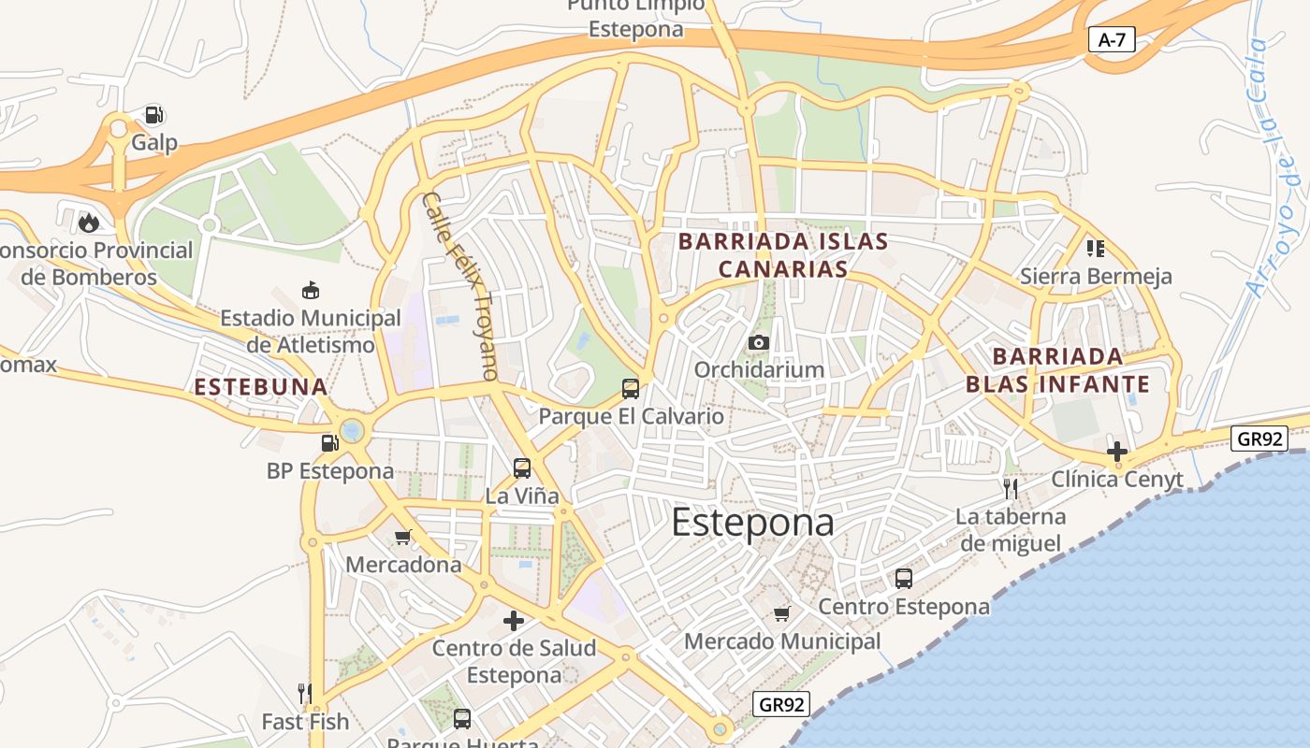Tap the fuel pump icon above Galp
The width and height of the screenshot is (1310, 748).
coord(154,115)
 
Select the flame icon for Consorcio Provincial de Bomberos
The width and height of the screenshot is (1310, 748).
coord(89,222)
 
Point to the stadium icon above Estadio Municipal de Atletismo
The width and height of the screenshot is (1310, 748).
coord(310,291)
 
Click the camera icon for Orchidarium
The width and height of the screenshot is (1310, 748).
coord(759,342)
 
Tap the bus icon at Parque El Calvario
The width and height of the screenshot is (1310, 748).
coord(631,388)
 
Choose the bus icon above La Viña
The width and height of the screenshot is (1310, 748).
coord(522,467)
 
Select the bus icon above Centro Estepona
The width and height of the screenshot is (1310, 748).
coord(903,578)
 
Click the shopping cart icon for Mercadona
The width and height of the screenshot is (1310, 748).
coord(403,537)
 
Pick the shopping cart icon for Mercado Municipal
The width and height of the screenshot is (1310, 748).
coord(782,613)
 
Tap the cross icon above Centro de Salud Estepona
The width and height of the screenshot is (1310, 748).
coord(513,620)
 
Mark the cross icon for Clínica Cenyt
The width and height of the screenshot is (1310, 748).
coord(1116,452)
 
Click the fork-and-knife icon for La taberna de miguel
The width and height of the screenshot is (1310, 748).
coord(1010,488)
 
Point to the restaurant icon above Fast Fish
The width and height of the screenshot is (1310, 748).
coord(304,693)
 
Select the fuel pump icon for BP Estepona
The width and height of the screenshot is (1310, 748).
coord(329,443)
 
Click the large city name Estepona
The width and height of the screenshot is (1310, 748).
coord(752,522)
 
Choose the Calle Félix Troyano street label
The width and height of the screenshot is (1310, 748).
coord(459,285)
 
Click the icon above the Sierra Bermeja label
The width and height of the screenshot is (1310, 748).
coord(1095,248)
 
